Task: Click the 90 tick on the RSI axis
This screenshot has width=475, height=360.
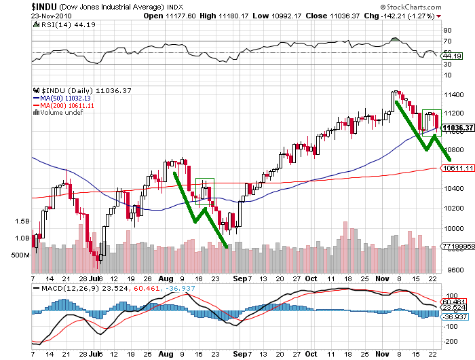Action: [447, 31]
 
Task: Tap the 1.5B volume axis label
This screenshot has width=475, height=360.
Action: [22, 221]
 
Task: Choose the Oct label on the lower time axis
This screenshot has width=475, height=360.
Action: [311, 278]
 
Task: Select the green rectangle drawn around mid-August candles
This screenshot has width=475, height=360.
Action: [204, 191]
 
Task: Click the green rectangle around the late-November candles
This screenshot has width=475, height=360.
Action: [432, 122]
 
